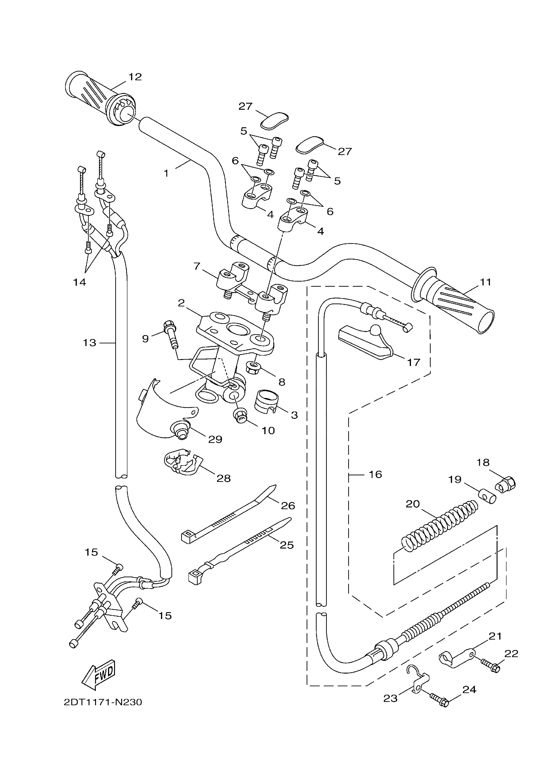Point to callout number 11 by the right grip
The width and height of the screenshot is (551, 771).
tap(486, 282)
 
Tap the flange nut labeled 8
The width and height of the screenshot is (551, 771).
tap(253, 367)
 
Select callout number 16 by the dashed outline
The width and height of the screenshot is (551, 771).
tap(375, 474)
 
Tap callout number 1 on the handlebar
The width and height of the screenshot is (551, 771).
tap(166, 174)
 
